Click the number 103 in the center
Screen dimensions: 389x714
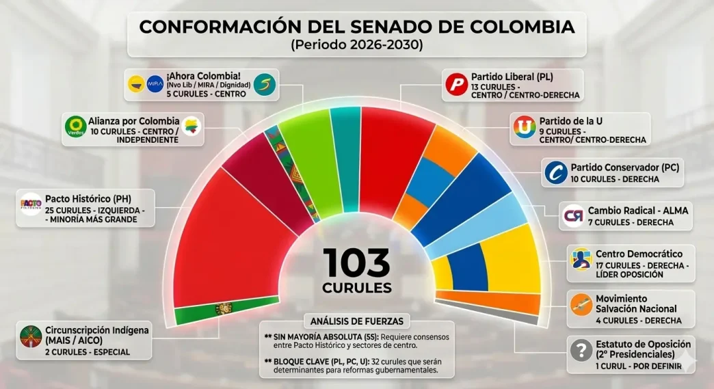coord(356,263)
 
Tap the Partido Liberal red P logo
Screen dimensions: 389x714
coord(455,85)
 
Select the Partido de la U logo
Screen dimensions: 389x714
coord(524,128)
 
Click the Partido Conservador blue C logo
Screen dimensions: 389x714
coord(555,172)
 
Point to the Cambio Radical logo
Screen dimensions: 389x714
coord(573,216)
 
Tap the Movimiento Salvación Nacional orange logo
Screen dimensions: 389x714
coord(581,304)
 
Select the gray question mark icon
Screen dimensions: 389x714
coord(581,351)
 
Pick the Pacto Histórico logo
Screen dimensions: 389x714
coord(31,204)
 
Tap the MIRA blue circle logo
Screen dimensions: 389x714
coord(155,83)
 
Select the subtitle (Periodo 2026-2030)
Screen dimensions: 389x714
coord(356,46)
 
